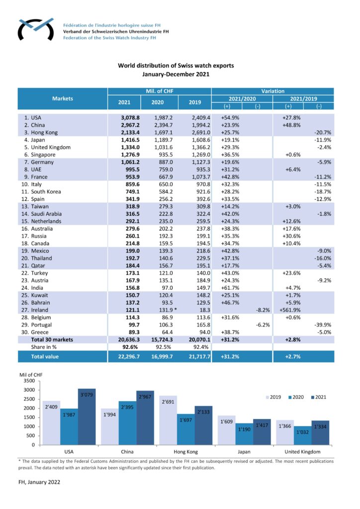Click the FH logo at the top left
(x=36, y=29)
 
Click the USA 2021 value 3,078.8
(x=130, y=117)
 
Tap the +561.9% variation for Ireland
(x=290, y=310)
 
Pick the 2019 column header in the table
(x=195, y=102)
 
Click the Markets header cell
(x=63, y=98)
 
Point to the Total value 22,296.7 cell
(x=129, y=356)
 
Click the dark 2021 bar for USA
(x=87, y=417)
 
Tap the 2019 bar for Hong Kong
(x=168, y=421)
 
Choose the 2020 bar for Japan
(x=244, y=434)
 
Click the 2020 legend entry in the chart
(x=296, y=397)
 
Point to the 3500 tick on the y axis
(x=29, y=381)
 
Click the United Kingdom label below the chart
(x=302, y=451)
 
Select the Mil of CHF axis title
(x=31, y=375)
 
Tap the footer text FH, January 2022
(x=39, y=482)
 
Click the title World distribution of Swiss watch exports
(x=176, y=66)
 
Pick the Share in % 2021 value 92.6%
(x=130, y=347)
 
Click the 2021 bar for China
(x=145, y=418)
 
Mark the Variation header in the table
(x=272, y=91)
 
